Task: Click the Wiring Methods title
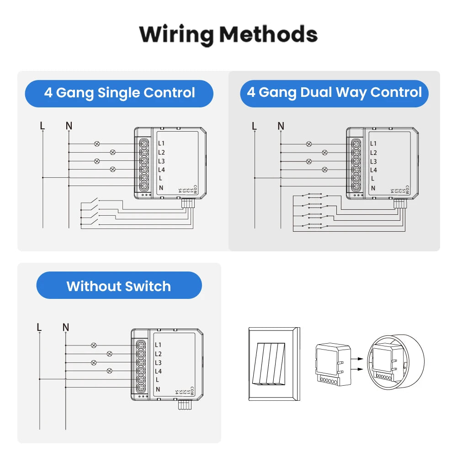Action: (228, 34)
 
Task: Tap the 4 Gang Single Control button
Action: (119, 93)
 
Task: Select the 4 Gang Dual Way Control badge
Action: (334, 93)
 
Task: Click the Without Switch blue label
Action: (119, 286)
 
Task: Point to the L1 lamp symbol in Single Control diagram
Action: (96, 143)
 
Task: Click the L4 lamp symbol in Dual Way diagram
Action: (325, 170)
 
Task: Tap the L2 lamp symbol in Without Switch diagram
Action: (109, 354)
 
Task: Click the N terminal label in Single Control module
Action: (160, 187)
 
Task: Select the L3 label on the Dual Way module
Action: (373, 161)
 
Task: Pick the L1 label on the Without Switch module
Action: (158, 345)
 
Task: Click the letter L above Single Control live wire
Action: (43, 126)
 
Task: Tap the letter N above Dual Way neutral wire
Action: (281, 126)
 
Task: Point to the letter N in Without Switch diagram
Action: (66, 327)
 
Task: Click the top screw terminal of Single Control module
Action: (144, 143)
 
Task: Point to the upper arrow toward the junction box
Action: (359, 359)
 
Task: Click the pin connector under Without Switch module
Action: (184, 405)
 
